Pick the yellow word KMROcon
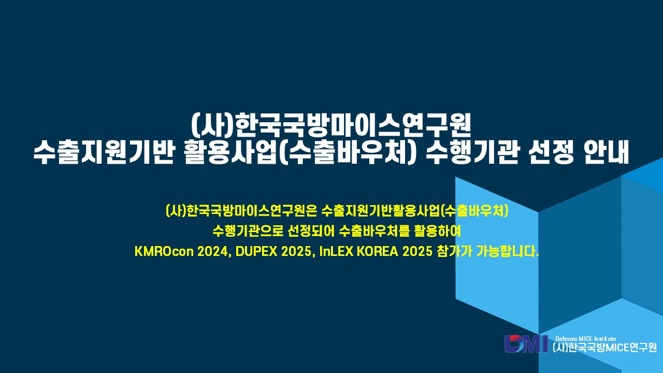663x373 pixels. click(164, 252)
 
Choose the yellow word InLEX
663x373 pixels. click(337, 252)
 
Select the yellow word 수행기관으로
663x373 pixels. click(248, 231)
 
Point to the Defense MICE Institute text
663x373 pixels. click(585, 339)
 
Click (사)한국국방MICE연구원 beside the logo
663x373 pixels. click(604, 348)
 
